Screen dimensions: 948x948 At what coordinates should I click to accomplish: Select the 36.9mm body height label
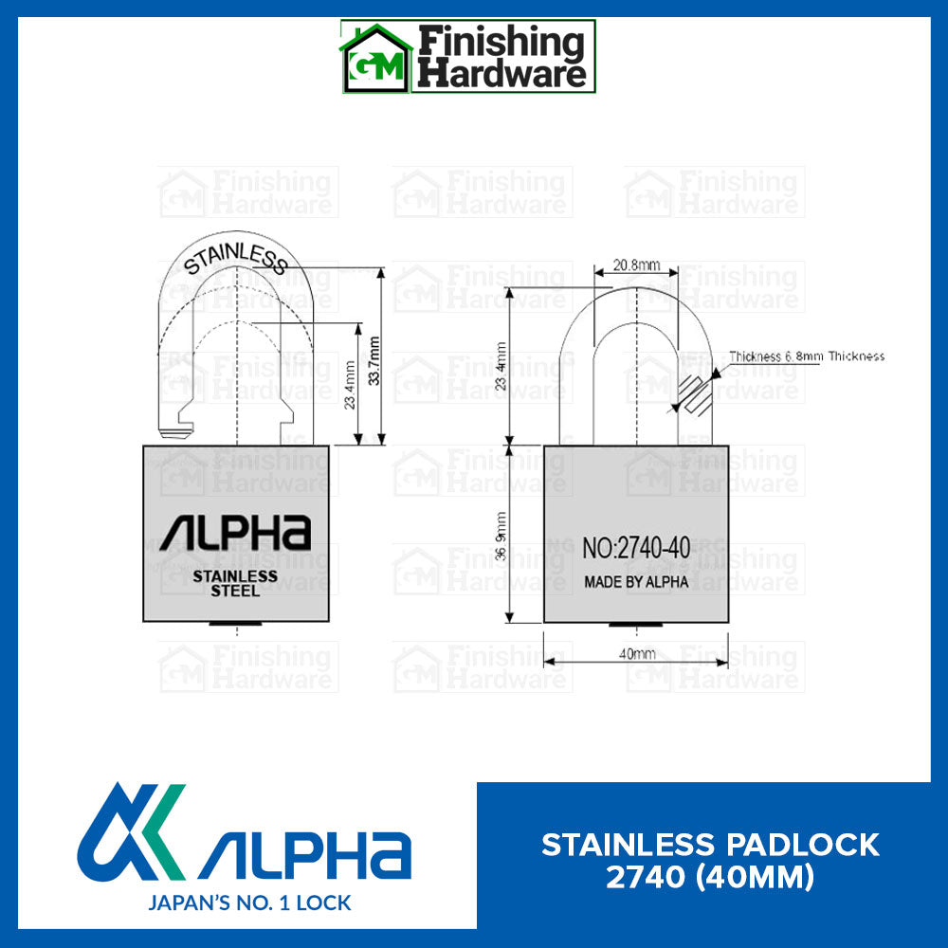point(503,537)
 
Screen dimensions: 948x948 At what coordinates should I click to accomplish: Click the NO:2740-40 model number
point(635,547)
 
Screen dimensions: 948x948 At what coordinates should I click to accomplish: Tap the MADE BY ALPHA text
point(636,582)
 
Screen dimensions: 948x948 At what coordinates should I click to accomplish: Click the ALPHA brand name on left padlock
point(235,533)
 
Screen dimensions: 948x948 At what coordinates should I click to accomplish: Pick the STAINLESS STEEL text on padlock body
point(235,583)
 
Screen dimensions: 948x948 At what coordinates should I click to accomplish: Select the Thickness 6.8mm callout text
point(807,356)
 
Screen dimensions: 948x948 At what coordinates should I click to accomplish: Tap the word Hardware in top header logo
point(502,74)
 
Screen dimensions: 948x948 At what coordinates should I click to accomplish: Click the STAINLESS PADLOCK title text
point(710,844)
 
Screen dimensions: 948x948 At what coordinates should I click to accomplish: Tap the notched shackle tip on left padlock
point(176,431)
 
